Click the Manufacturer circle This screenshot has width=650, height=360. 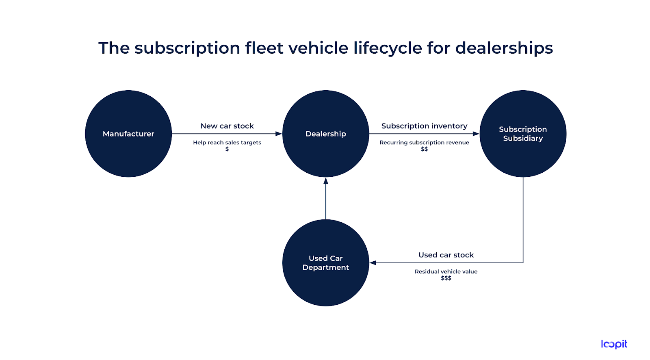[x=128, y=134]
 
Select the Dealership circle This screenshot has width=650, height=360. [x=325, y=134]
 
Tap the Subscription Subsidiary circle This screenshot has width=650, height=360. [x=523, y=134]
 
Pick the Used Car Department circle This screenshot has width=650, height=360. [x=325, y=263]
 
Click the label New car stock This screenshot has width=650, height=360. [x=227, y=126]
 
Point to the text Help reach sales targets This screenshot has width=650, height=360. [x=227, y=143]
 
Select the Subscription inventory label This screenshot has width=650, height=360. [x=424, y=126]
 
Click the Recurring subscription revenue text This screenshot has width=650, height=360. [x=424, y=143]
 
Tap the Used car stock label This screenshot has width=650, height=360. [x=446, y=255]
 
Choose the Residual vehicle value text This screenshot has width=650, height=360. [x=446, y=271]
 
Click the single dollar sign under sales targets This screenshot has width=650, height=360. [x=227, y=149]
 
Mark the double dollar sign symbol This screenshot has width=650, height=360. [x=424, y=149]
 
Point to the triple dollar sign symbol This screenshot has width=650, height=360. [x=446, y=278]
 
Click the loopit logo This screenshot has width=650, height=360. [x=614, y=344]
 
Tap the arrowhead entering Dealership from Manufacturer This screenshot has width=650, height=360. [x=279, y=134]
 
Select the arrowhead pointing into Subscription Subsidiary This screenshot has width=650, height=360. [x=476, y=134]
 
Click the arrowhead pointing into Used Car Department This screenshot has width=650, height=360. [x=373, y=263]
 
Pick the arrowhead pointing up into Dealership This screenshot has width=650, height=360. [x=325, y=181]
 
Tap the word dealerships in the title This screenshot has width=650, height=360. [x=504, y=48]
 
